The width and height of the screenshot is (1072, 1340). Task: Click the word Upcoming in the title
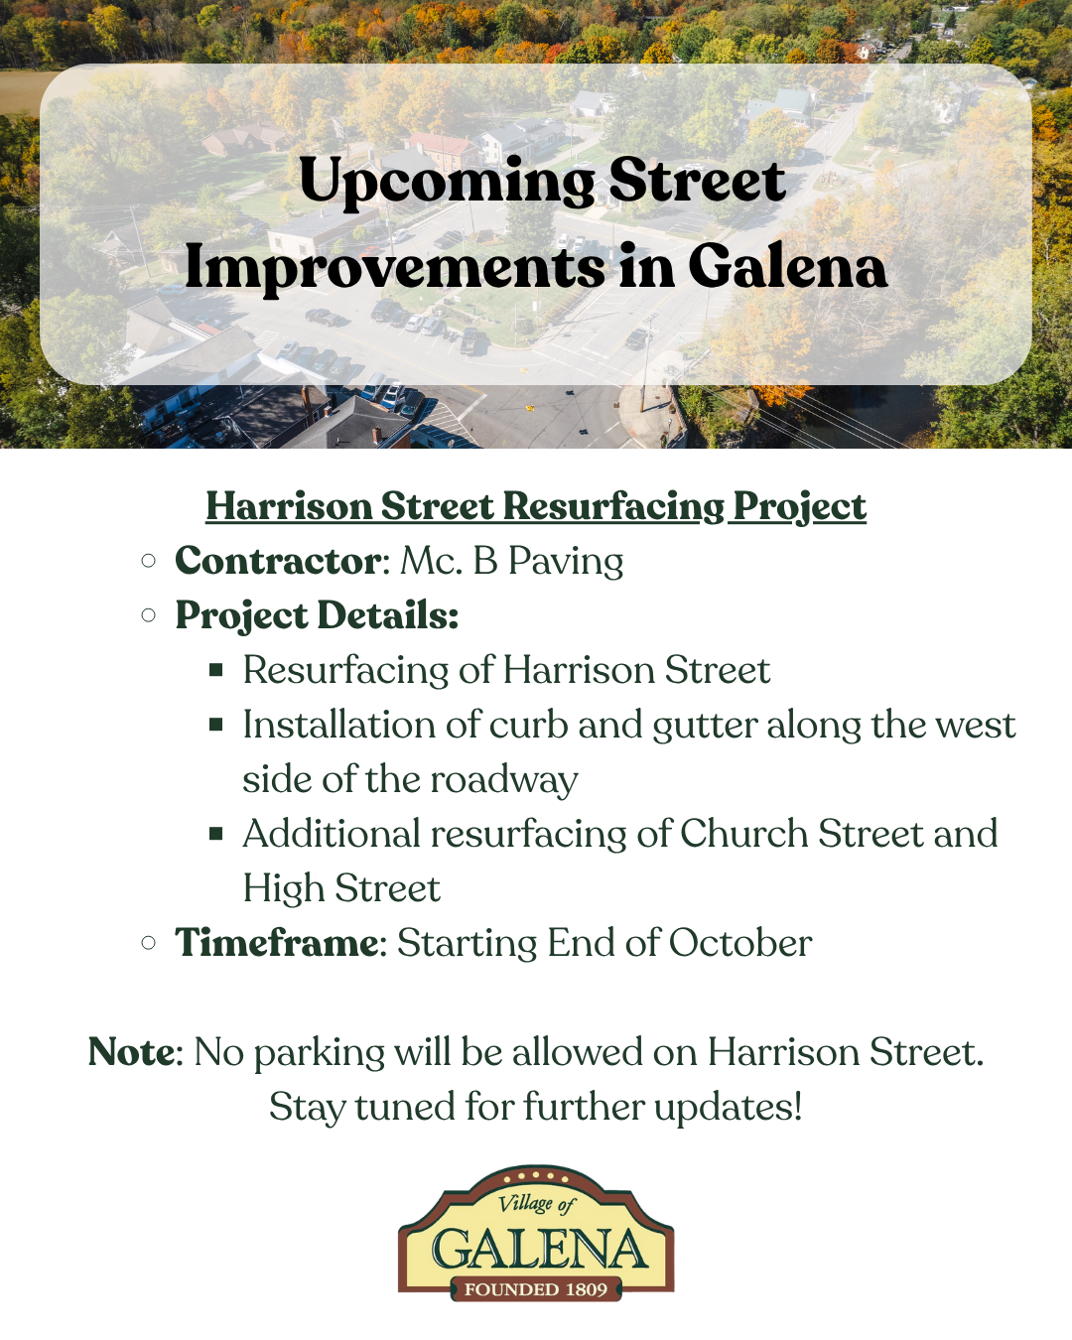pos(447,183)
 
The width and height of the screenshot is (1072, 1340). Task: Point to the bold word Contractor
pos(278,561)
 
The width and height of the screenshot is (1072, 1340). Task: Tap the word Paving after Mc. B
pos(566,562)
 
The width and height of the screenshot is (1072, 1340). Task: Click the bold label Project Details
pos(317,615)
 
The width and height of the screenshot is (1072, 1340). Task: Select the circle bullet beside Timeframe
pos(148,942)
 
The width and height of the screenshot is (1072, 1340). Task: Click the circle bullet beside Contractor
pos(148,561)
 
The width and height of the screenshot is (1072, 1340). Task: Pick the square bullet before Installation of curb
pos(216,725)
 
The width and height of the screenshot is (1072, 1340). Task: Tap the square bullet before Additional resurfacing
pos(216,833)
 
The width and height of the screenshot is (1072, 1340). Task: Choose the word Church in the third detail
pos(743,833)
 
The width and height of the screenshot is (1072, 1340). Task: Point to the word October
pos(740,942)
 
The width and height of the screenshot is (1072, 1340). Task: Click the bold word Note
pos(132,1051)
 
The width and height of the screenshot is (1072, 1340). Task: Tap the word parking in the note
pos(320,1053)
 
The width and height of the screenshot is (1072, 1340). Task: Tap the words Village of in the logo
pos(536,1203)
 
